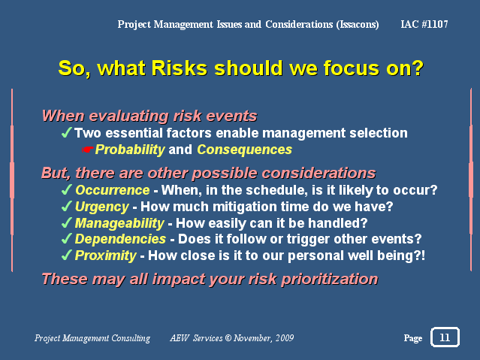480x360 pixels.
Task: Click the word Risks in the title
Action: (x=179, y=68)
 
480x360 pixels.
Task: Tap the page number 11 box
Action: (x=445, y=337)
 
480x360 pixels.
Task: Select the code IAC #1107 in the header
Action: (x=424, y=24)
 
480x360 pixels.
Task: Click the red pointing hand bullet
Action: (x=88, y=150)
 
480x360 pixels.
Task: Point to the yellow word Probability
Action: (x=130, y=150)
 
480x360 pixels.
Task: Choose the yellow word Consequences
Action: (x=245, y=150)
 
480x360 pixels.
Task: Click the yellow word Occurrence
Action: (x=113, y=190)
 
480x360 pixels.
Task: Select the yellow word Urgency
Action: (x=102, y=207)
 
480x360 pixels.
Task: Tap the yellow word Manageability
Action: (x=119, y=223)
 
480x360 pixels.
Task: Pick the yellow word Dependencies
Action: (x=120, y=239)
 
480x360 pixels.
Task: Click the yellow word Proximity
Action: (x=106, y=256)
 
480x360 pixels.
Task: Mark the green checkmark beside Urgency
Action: (x=67, y=206)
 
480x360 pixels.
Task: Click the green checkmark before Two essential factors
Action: (x=67, y=132)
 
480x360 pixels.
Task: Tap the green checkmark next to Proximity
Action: (x=67, y=255)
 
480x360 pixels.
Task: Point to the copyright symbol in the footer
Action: (x=228, y=338)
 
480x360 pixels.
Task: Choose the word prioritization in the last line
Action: (x=330, y=280)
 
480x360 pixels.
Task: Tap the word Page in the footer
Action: (x=413, y=338)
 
